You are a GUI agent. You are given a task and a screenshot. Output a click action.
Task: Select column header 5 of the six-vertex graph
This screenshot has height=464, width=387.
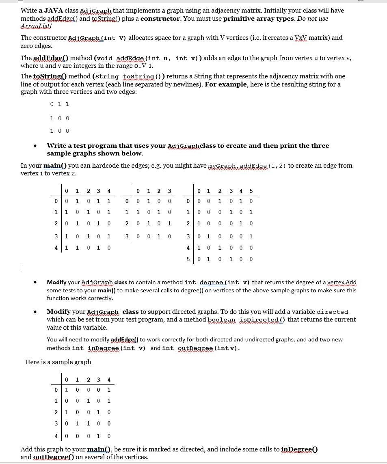click(x=252, y=191)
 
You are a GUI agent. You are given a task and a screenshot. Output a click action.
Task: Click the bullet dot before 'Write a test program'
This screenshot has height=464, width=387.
click(x=37, y=146)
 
